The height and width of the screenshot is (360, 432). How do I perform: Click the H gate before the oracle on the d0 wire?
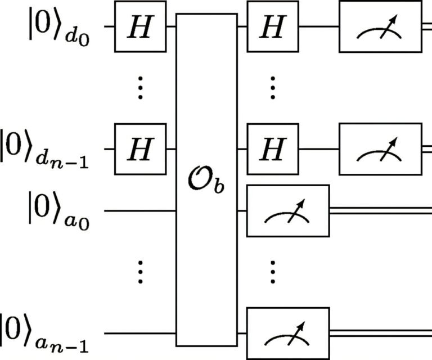coord(140,26)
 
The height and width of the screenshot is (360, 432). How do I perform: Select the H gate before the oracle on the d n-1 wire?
coord(140,149)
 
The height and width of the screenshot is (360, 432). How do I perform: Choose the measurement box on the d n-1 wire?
coord(380,149)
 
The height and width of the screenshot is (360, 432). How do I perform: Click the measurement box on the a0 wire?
coord(288,211)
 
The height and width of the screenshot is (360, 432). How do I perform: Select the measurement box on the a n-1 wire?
coord(288,334)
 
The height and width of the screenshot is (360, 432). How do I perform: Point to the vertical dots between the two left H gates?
coord(141,88)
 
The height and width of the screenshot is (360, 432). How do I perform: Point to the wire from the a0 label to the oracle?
coord(141,211)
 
